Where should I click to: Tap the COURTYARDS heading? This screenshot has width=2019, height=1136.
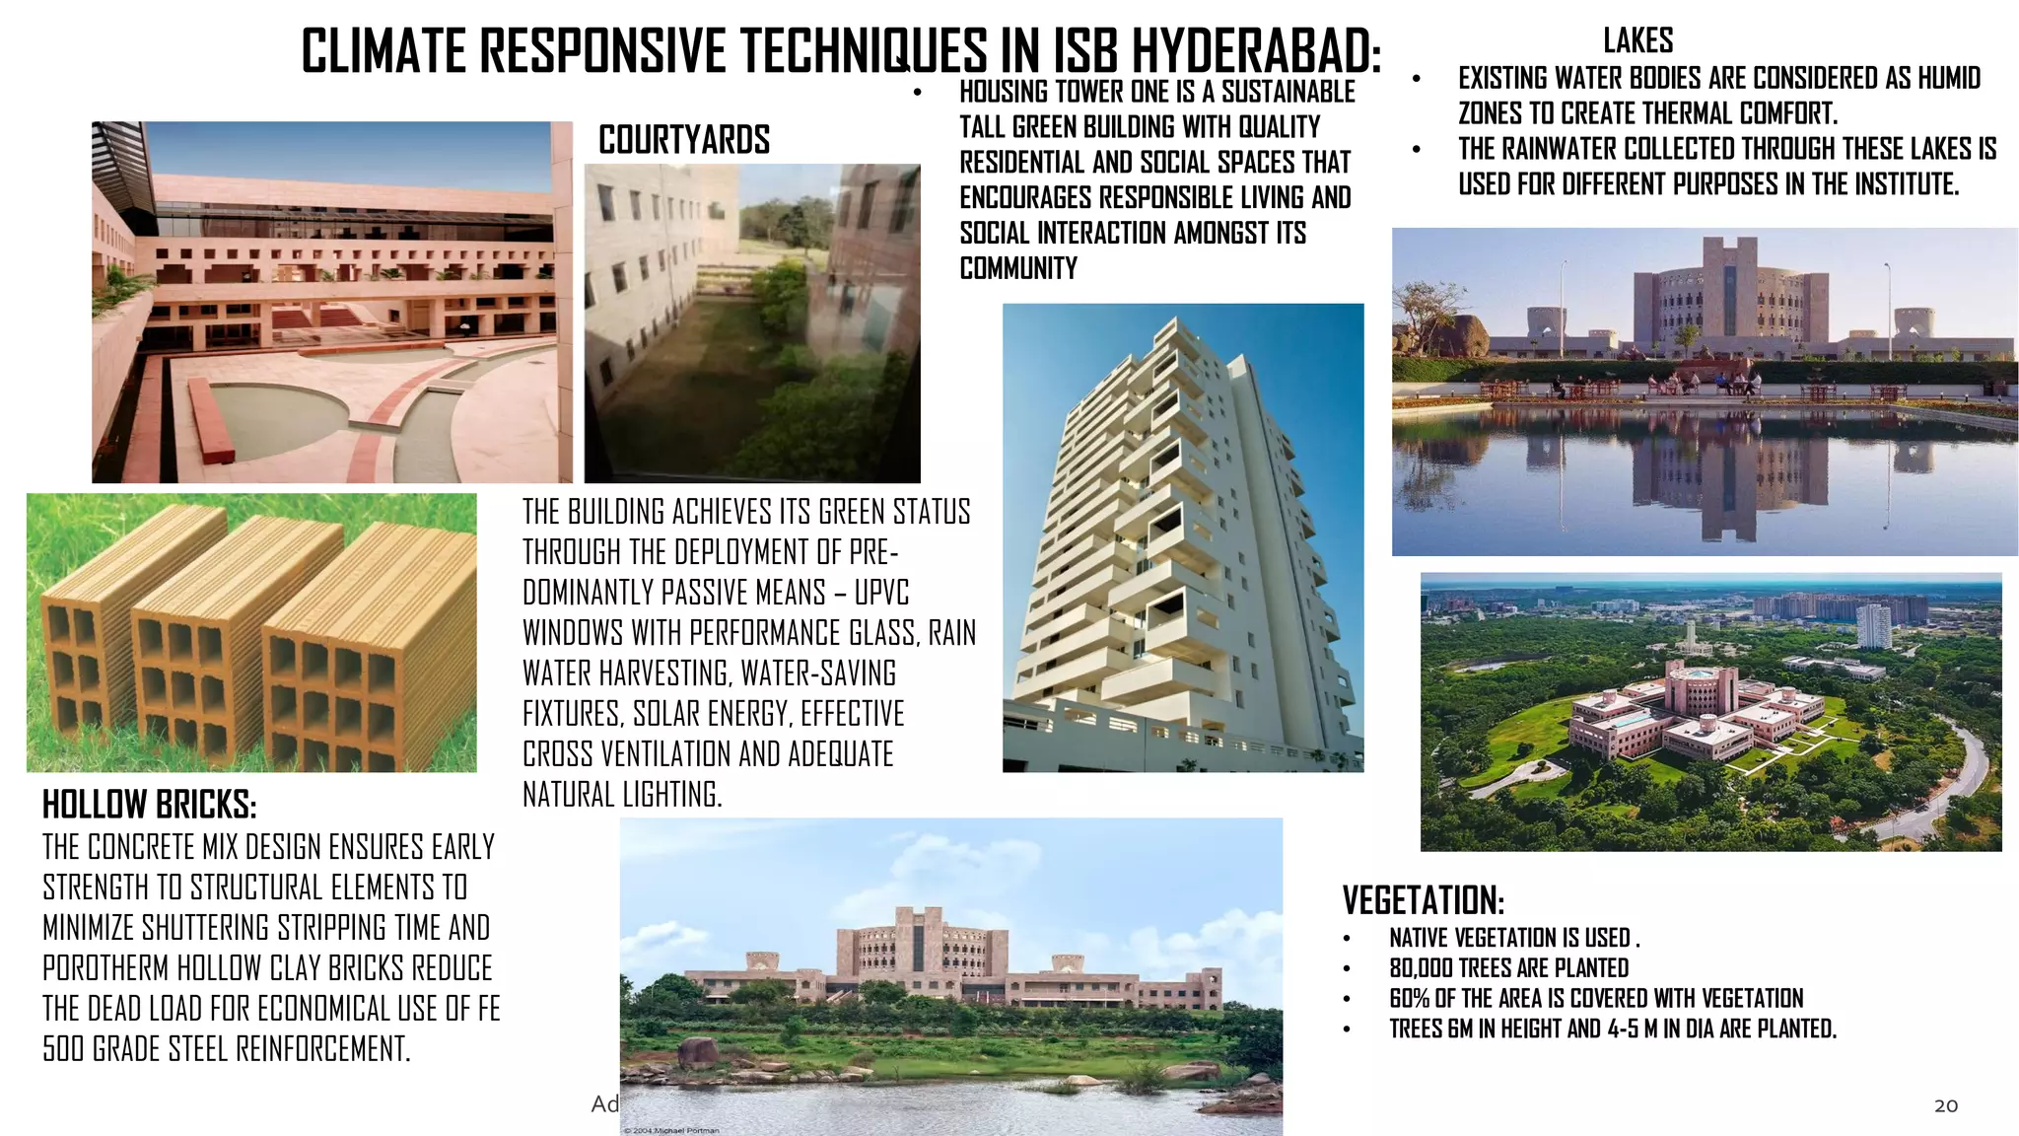[684, 140]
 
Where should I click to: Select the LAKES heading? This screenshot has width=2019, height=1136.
[1637, 41]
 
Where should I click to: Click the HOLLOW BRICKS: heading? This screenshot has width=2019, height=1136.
[149, 806]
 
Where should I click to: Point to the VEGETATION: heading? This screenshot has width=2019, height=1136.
[1423, 901]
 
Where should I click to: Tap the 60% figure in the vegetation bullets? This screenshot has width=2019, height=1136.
[1409, 999]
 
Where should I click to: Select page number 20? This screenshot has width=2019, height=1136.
[1945, 1105]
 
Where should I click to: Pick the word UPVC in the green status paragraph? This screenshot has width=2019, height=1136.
[881, 593]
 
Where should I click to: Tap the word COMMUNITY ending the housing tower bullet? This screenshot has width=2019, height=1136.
[1018, 268]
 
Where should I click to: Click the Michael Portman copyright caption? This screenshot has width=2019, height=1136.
[671, 1130]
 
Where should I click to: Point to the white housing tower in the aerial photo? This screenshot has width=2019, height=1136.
[1873, 626]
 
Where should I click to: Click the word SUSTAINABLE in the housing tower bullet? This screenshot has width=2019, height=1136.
[1288, 92]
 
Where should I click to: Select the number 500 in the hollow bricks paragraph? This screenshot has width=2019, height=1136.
[64, 1049]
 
